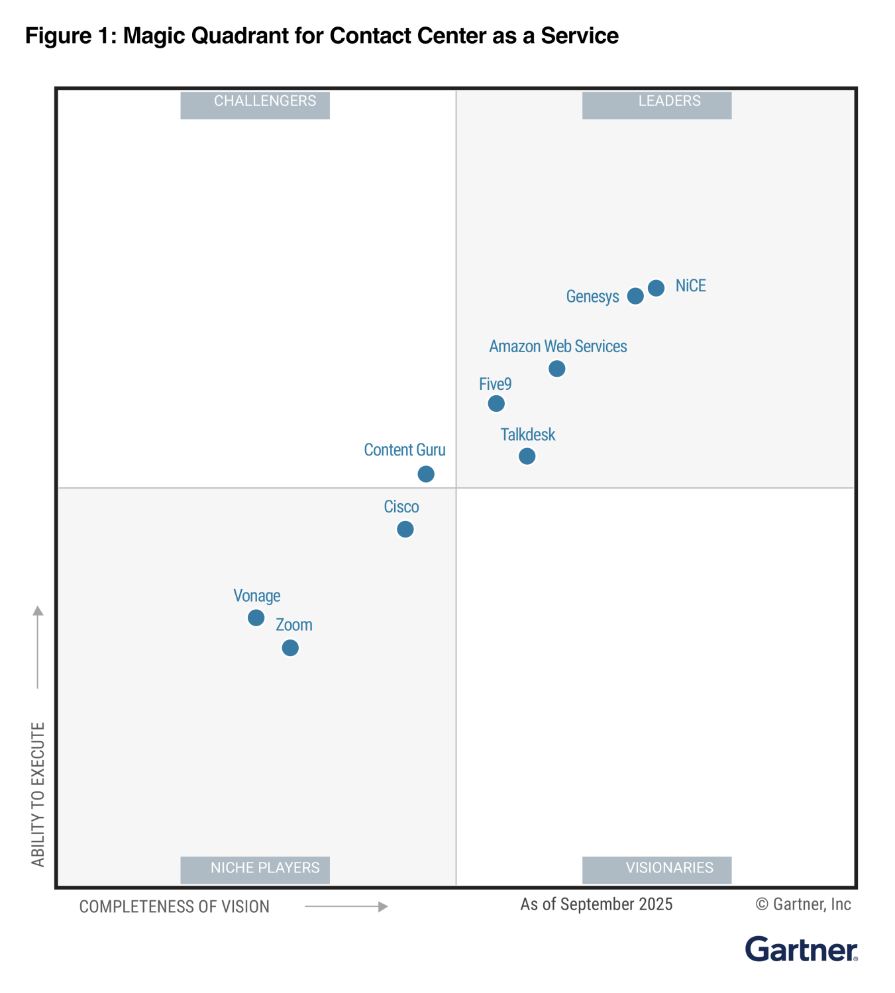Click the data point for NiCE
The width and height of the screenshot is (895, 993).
656,288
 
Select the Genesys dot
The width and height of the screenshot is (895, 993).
635,296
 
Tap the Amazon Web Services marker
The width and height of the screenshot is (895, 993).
556,369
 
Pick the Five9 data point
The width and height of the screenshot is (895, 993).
496,403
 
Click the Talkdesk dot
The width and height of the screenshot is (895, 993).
527,456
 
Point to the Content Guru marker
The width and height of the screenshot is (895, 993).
426,474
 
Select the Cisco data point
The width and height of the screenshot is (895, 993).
405,529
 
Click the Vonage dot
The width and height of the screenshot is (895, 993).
256,618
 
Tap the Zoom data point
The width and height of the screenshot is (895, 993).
290,647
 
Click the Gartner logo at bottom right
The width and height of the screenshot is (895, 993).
801,950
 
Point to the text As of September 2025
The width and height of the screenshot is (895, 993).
596,904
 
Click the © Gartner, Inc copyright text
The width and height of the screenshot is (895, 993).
803,904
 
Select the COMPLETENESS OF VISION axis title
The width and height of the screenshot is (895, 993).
174,907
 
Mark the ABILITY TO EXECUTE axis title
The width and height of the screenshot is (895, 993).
38,794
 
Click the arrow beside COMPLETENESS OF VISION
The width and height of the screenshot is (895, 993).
346,907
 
